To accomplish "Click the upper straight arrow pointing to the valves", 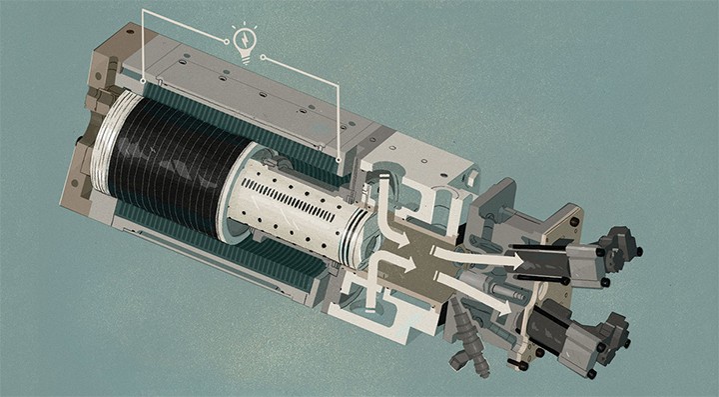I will tap(479, 258).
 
